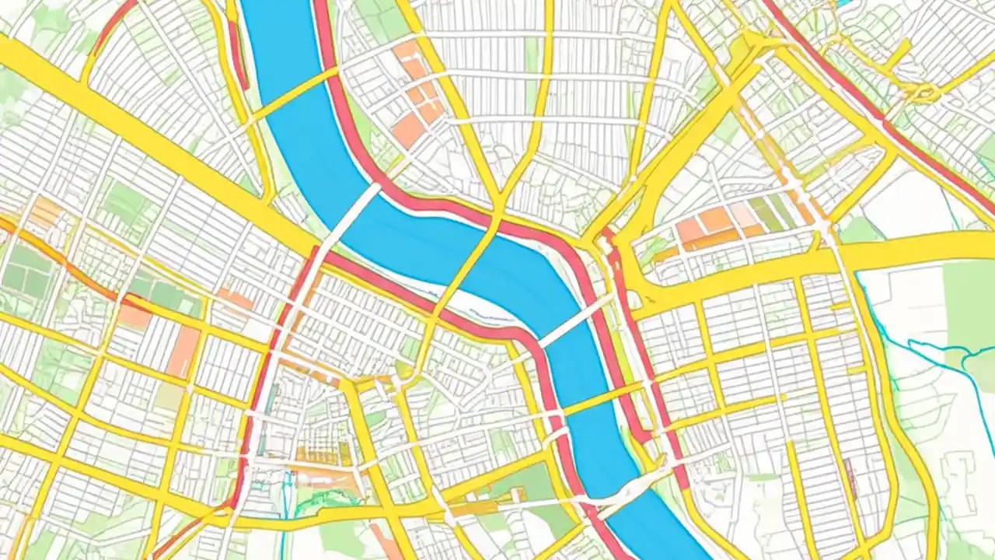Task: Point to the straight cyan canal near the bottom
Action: point(286,498)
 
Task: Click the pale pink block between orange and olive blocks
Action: point(742,214)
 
